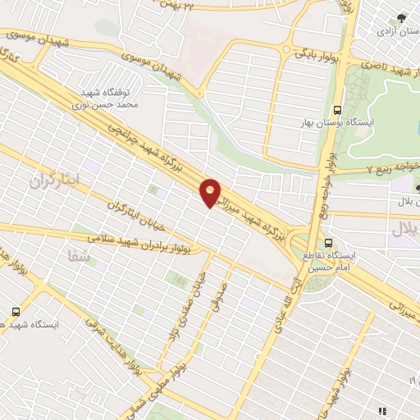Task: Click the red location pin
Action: pos(211,192)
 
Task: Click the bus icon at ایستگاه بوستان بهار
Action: pos(336,110)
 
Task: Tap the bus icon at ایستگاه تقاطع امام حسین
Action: pos(328,243)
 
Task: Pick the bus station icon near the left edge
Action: pos(16,312)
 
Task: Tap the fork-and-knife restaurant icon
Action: pos(381,410)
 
